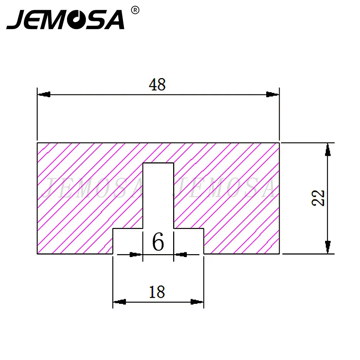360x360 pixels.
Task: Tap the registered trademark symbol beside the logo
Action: pyautogui.click(x=135, y=10)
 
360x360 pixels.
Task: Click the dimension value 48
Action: pyautogui.click(x=157, y=85)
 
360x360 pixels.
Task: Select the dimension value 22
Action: pyautogui.click(x=319, y=198)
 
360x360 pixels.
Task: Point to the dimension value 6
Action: pyautogui.click(x=158, y=242)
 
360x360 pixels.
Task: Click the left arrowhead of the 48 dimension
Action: pyautogui.click(x=44, y=95)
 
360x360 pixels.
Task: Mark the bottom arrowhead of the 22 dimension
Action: pyautogui.click(x=327, y=246)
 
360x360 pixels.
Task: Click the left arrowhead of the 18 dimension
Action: pyautogui.click(x=120, y=301)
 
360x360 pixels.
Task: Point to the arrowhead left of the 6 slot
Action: pyautogui.click(x=136, y=255)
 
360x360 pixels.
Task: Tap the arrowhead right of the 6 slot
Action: pyautogui.click(x=181, y=255)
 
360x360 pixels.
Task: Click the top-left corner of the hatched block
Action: pyautogui.click(x=37, y=143)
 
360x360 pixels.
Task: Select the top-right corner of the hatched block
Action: pyautogui.click(x=279, y=143)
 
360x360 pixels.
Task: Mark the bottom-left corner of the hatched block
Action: pyautogui.click(x=37, y=254)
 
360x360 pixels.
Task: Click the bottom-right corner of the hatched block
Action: pyautogui.click(x=279, y=254)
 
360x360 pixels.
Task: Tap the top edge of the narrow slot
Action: pyautogui.click(x=158, y=163)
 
